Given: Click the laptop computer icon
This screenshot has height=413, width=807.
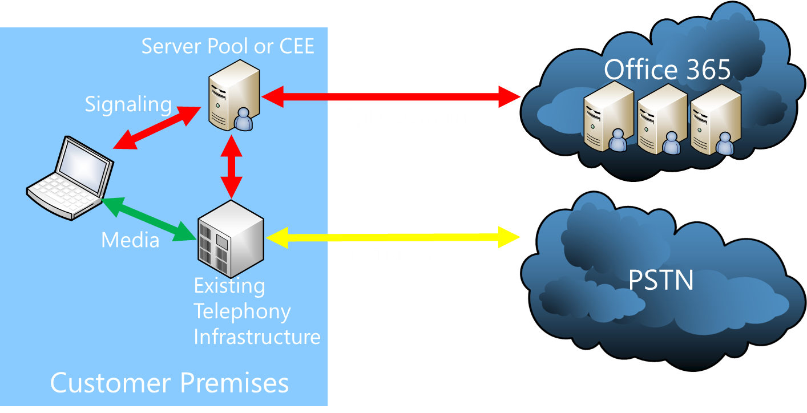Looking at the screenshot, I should (70, 177).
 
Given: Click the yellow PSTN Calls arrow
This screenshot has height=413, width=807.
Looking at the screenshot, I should (394, 237).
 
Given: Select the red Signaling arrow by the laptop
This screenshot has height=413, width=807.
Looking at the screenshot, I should (153, 128).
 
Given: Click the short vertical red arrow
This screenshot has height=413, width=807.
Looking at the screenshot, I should (232, 166).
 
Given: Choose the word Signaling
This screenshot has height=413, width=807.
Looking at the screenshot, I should (128, 104).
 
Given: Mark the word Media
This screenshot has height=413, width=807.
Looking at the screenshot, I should (130, 240).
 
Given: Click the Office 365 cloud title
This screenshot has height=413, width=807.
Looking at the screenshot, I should (667, 70).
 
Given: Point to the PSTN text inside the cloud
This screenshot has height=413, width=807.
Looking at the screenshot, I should (661, 281).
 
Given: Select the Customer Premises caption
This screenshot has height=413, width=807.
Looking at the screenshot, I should (170, 383).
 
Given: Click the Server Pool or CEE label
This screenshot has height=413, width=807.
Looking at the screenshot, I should (228, 46).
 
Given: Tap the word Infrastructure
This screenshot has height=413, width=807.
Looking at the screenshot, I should (257, 337).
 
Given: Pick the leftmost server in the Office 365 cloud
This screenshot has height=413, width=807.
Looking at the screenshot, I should (608, 117).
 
